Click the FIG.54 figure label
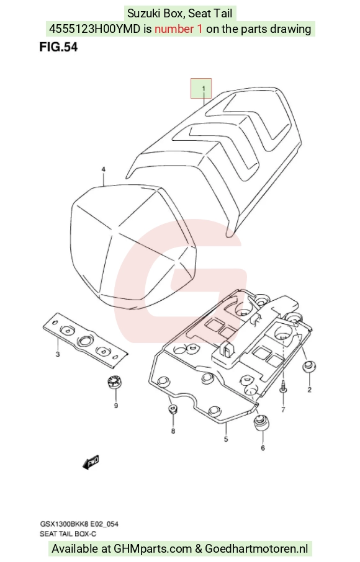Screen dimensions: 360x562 [58, 47]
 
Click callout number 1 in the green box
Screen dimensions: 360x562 [204, 89]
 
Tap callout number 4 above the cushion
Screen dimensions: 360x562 [103, 169]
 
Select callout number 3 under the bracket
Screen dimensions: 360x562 [58, 354]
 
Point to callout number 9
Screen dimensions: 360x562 [116, 406]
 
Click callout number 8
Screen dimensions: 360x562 [173, 431]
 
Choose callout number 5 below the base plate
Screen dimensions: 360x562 [226, 439]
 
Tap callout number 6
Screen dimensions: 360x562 [263, 448]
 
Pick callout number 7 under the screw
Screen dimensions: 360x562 [283, 409]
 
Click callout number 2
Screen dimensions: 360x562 [310, 390]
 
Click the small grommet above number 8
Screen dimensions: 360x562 [173, 409]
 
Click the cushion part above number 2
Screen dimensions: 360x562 [310, 367]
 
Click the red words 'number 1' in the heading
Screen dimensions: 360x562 [179, 29]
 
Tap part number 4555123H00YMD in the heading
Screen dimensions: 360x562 [94, 29]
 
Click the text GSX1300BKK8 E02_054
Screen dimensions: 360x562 [79, 524]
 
